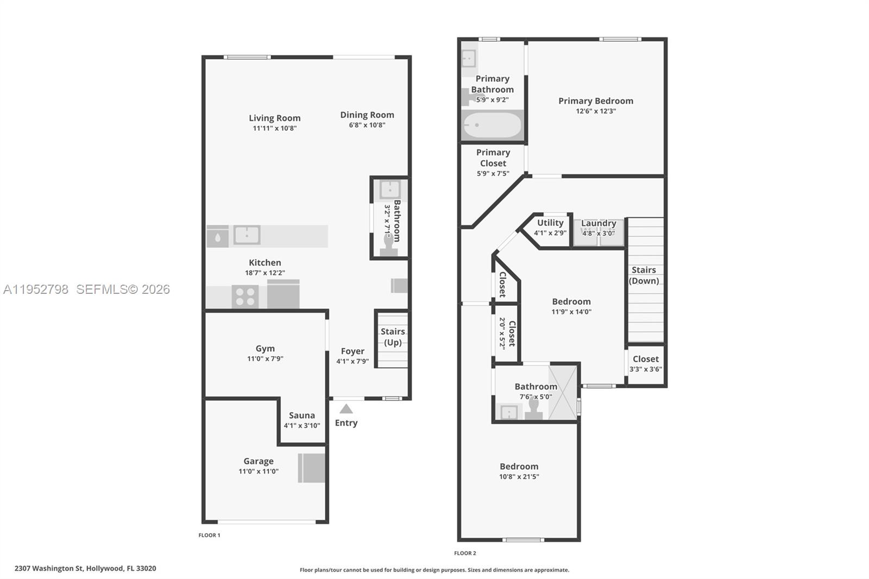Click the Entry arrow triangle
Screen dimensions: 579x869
pyautogui.click(x=346, y=409)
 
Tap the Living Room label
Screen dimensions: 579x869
pyautogui.click(x=274, y=118)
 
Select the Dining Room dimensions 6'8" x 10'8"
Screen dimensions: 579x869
pyautogui.click(x=367, y=125)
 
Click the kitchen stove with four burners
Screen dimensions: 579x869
pyautogui.click(x=244, y=297)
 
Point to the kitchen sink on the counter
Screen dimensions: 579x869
pyautogui.click(x=247, y=235)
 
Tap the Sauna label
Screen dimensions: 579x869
pyautogui.click(x=301, y=415)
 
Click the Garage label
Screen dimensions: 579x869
pyautogui.click(x=258, y=461)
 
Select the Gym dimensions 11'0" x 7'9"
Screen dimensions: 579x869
pyautogui.click(x=265, y=358)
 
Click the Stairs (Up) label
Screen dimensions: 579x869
pyautogui.click(x=393, y=337)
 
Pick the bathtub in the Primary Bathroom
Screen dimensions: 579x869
pyautogui.click(x=492, y=125)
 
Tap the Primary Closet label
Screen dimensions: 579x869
pyautogui.click(x=493, y=158)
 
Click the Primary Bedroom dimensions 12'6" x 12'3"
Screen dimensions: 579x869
pyautogui.click(x=596, y=111)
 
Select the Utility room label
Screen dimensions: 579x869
pyautogui.click(x=550, y=223)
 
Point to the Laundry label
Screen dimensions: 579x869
pyautogui.click(x=599, y=223)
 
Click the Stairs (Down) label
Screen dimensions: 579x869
pyautogui.click(x=644, y=275)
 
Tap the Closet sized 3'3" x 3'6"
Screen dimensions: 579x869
pyautogui.click(x=645, y=364)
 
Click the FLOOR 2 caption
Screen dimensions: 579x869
pyautogui.click(x=465, y=553)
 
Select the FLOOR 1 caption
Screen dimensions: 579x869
pyautogui.click(x=209, y=535)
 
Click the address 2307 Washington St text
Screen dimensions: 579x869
pyautogui.click(x=85, y=569)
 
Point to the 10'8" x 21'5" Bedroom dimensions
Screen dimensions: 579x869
pyautogui.click(x=519, y=477)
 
